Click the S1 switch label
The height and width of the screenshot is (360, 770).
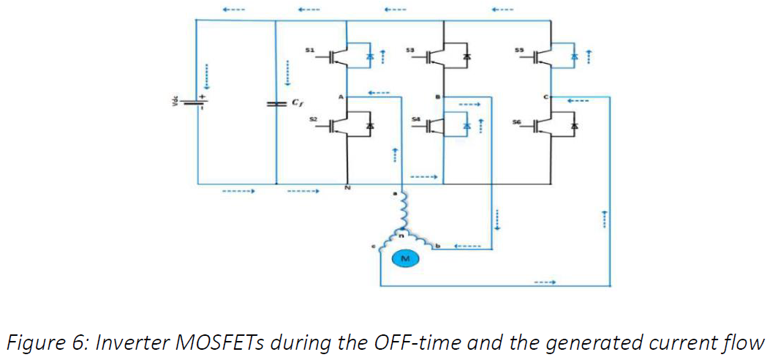coord(309,50)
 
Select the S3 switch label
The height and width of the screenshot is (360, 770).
coord(410,50)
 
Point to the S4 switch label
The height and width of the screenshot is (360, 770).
coord(415,119)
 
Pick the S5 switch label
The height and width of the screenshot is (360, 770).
coord(519,50)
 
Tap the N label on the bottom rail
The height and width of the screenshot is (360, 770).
coord(347,190)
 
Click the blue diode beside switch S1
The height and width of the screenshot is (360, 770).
coord(369,56)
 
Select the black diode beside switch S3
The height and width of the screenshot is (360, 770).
coord(467,56)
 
